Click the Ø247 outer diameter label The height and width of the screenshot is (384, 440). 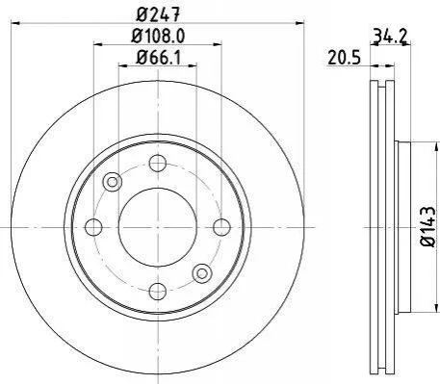(158, 14)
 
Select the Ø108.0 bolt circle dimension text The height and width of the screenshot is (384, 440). (158, 37)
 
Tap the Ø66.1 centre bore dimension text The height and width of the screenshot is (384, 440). (158, 58)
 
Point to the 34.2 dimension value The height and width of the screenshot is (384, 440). (390, 36)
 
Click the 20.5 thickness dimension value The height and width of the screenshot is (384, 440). (345, 59)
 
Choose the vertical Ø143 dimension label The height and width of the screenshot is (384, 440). (427, 226)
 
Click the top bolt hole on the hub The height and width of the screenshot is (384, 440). (158, 163)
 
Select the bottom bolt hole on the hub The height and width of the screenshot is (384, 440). (158, 292)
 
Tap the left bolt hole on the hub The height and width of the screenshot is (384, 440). (93, 227)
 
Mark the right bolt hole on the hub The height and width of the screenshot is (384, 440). (221, 227)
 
